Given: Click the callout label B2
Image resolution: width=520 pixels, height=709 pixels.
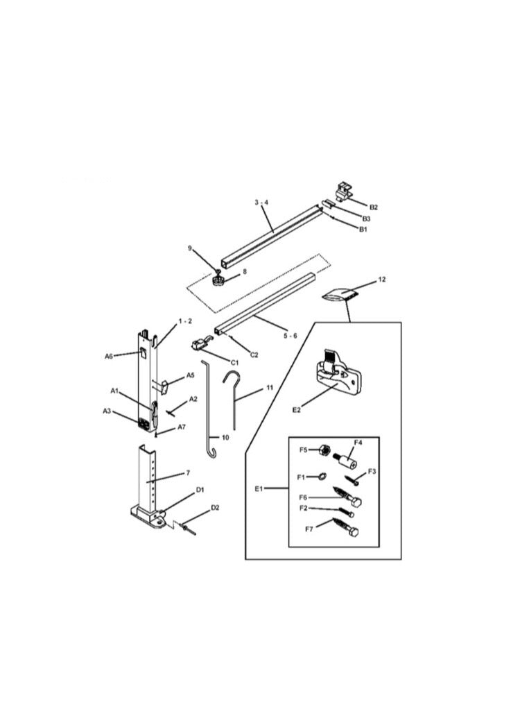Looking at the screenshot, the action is [x=374, y=207].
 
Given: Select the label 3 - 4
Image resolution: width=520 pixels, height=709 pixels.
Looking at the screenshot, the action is [x=261, y=202].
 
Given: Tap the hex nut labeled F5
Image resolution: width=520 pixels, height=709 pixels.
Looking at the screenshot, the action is [x=324, y=450].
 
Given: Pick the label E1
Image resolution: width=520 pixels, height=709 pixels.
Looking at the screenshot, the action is [x=259, y=488].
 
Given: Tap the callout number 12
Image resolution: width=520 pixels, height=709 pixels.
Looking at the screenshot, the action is [x=382, y=280].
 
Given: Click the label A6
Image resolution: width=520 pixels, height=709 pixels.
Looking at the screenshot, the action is [x=109, y=357].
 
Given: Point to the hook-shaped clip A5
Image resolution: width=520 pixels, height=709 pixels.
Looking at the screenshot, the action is [x=164, y=387].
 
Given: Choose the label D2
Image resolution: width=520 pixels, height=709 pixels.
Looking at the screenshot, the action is [x=215, y=508].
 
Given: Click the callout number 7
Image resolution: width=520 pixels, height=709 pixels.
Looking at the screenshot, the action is [x=189, y=473].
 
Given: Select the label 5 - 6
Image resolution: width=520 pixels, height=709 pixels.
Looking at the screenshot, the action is [x=290, y=336].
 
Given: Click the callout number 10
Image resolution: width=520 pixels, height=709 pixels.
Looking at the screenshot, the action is [x=225, y=437].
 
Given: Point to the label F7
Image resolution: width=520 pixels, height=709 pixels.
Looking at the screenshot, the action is [x=309, y=529].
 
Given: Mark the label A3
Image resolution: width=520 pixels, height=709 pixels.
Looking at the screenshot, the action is [x=107, y=411].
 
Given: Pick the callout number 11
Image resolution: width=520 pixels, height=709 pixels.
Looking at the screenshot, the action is [x=270, y=388].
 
